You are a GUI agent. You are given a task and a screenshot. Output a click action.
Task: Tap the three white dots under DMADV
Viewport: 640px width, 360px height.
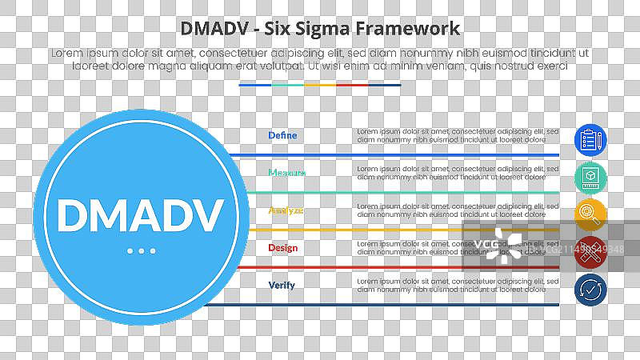142,251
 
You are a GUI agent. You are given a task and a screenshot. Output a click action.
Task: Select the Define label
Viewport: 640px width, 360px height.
282,135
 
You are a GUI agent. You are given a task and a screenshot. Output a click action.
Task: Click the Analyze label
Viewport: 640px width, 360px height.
286,210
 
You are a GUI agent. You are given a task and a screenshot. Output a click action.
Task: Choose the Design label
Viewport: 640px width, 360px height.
282,248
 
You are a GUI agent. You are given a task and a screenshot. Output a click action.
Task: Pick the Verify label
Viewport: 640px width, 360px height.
282,285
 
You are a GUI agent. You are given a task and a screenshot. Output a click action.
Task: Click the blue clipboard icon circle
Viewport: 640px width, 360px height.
590,140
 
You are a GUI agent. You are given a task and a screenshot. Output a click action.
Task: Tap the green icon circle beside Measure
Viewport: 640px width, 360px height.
590,177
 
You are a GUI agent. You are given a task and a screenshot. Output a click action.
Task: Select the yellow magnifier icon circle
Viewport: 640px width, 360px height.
590,214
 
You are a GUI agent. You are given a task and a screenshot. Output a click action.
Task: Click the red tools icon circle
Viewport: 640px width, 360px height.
590,252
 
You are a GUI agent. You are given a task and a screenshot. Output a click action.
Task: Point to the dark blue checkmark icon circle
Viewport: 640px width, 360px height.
590,290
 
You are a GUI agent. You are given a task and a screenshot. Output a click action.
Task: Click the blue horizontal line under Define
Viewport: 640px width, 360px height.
400,154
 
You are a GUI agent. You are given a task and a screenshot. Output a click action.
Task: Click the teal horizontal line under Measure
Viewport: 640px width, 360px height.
400,192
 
